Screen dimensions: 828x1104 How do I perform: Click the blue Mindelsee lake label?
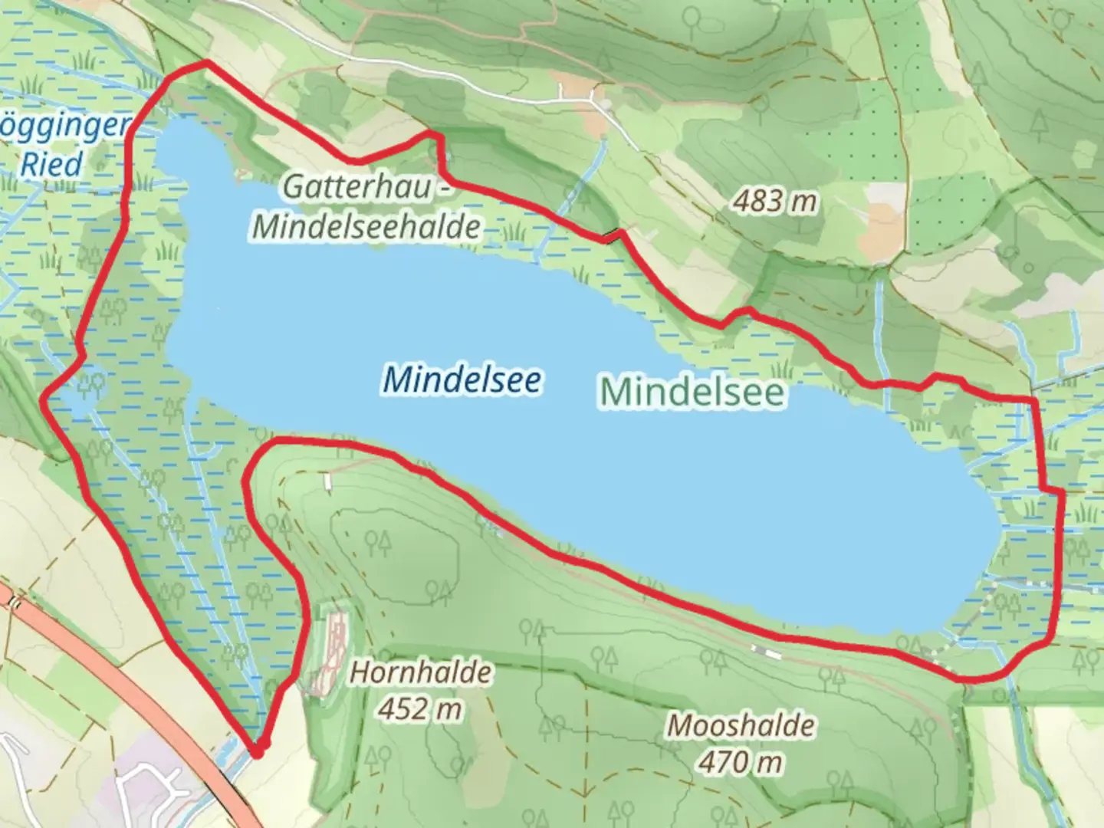pyautogui.click(x=462, y=379)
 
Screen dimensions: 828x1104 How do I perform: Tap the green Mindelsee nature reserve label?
pyautogui.click(x=692, y=392)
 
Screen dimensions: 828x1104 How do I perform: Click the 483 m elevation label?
pyautogui.click(x=774, y=202)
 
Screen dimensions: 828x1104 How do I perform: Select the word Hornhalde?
pyautogui.click(x=420, y=672)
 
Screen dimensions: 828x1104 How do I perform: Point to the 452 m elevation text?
pyautogui.click(x=419, y=708)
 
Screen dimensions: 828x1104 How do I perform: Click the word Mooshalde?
pyautogui.click(x=740, y=725)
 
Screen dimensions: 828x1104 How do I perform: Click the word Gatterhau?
pyautogui.click(x=356, y=187)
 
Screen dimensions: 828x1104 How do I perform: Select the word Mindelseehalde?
pyautogui.click(x=366, y=226)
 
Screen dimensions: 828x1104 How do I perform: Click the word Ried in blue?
pyautogui.click(x=51, y=164)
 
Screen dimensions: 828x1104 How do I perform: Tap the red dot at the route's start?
pyautogui.click(x=258, y=751)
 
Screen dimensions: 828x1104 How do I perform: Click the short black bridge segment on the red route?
pyautogui.click(x=611, y=237)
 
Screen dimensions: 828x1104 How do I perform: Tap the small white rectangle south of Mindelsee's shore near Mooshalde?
pyautogui.click(x=766, y=652)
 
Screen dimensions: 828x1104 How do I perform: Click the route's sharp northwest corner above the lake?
pyautogui.click(x=205, y=64)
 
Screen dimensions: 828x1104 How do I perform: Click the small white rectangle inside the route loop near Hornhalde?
pyautogui.click(x=327, y=481)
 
